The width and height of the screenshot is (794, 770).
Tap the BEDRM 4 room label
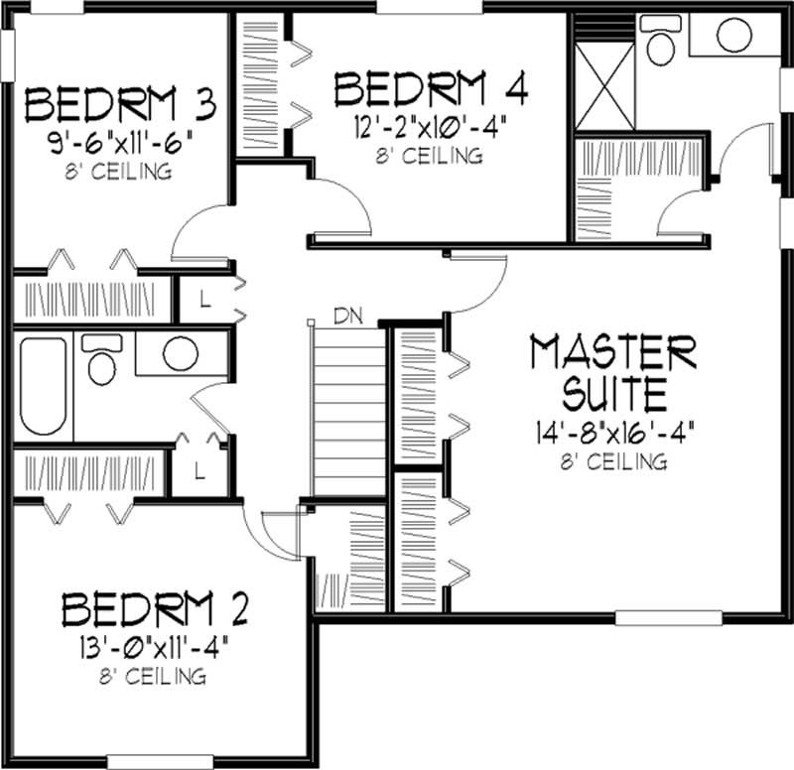(431, 89)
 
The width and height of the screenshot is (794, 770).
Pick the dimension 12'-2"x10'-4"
(430, 128)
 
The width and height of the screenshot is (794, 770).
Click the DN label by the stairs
(347, 318)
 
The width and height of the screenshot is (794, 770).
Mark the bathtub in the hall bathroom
(42, 386)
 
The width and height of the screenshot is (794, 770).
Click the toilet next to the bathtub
(101, 361)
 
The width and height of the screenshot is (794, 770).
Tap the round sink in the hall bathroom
(180, 354)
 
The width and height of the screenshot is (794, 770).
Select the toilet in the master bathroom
(658, 40)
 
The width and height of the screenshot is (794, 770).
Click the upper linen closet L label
(203, 299)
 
